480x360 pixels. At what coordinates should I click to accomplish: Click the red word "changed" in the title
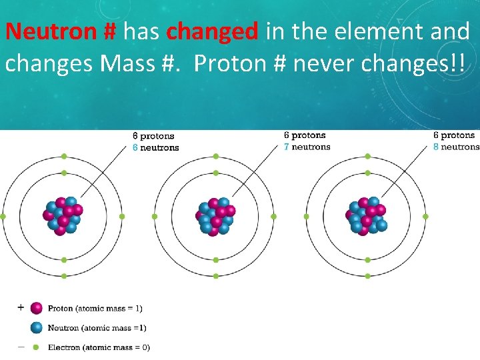[x=212, y=31]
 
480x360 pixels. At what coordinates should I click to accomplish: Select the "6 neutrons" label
[x=155, y=147]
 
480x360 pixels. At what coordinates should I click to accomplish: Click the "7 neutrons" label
[x=307, y=147]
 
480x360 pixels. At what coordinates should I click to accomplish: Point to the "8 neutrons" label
[x=456, y=147]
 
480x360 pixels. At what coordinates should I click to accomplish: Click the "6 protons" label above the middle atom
[x=305, y=135]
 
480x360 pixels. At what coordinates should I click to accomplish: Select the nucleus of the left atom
[x=64, y=216]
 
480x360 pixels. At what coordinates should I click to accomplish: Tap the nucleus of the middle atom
[x=215, y=216]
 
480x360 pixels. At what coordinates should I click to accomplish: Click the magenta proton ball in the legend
[x=37, y=308]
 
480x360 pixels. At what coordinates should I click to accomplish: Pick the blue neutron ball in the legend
[x=37, y=327]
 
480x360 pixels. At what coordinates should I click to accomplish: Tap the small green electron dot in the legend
[x=37, y=347]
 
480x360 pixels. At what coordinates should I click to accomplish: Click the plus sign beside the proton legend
[x=20, y=307]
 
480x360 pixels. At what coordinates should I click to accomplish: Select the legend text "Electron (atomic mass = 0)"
[x=99, y=347]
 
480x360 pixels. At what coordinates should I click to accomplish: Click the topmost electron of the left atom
[x=64, y=156]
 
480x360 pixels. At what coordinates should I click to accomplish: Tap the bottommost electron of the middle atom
[x=215, y=276]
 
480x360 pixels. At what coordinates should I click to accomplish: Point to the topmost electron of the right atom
[x=367, y=156]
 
